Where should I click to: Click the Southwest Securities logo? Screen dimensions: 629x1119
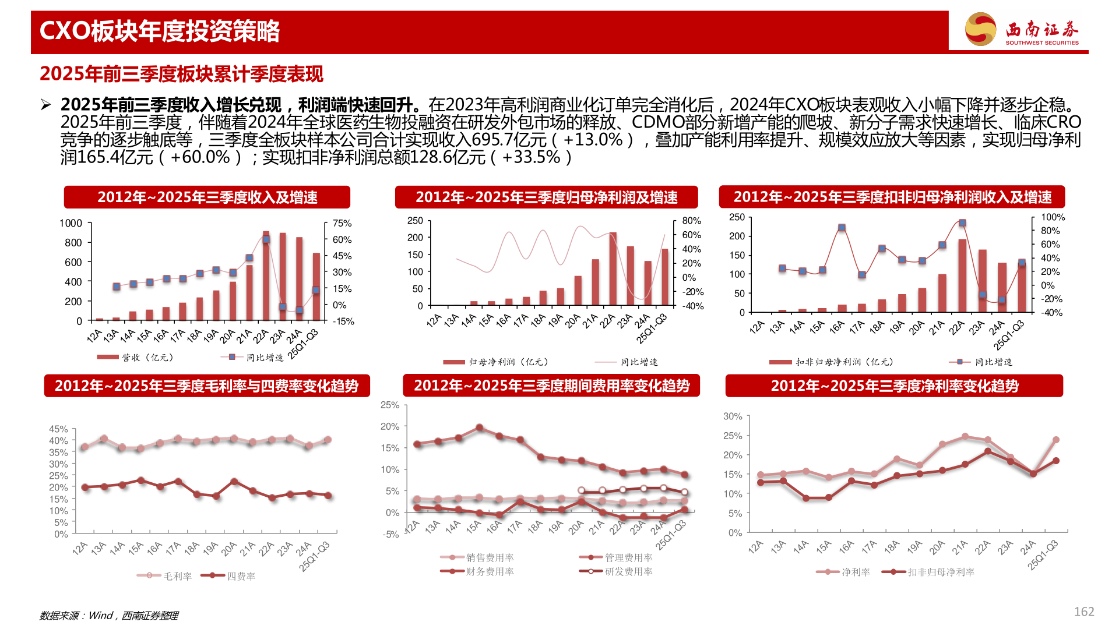point(1021,29)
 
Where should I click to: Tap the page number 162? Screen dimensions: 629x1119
point(1083,612)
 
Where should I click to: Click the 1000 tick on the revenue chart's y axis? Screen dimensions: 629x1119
point(71,223)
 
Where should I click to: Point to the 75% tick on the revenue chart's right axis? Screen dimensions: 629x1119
point(342,223)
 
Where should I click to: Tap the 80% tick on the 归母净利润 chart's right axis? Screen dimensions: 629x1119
point(691,221)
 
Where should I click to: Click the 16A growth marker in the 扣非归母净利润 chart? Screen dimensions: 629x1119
point(841,228)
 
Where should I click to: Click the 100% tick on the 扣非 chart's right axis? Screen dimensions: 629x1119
point(1053,217)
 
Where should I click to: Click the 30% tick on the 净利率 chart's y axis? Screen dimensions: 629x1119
point(733,416)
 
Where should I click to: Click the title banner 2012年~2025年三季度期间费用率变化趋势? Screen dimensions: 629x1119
point(551,386)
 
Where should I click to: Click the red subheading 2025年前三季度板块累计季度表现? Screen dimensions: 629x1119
point(181,74)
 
